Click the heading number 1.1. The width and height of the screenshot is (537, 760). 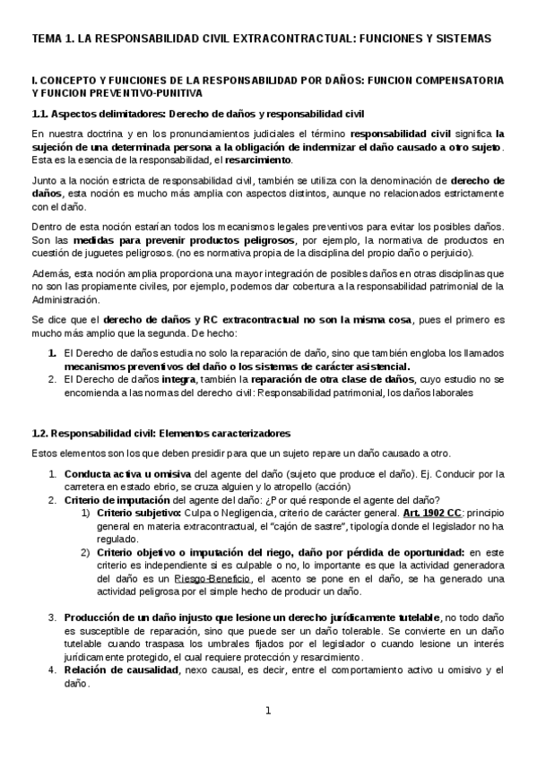42,114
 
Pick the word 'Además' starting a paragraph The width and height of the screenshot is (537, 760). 50,273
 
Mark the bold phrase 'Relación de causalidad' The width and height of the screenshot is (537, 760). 122,670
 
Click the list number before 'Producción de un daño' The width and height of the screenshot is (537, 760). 53,618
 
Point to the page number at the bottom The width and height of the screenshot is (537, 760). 267,712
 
